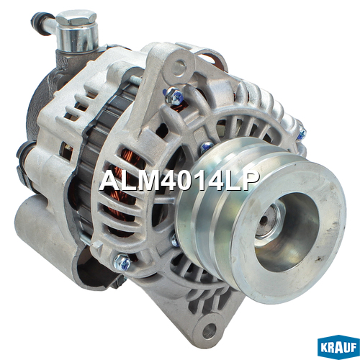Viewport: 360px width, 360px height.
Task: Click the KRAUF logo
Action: pyautogui.click(x=338, y=347)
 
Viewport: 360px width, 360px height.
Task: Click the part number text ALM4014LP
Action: pyautogui.click(x=179, y=180)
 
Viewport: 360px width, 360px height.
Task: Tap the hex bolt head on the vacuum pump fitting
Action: pyautogui.click(x=76, y=18)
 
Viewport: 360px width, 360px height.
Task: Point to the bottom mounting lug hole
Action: pyautogui.click(x=209, y=331)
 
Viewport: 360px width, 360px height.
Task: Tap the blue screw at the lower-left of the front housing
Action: pyautogui.click(x=122, y=263)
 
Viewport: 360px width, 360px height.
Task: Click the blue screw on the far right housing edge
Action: pyautogui.click(x=302, y=134)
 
